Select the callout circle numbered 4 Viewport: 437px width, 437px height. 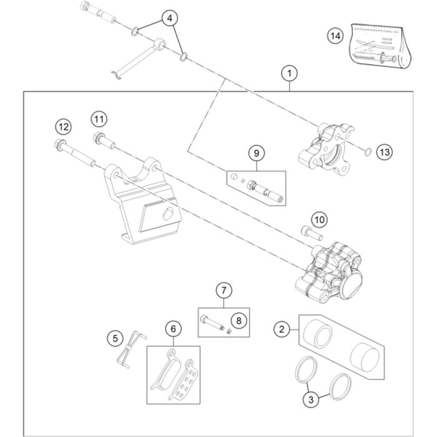tap(168, 18)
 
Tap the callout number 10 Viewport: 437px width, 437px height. tap(319, 220)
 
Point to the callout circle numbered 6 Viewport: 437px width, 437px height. tap(174, 327)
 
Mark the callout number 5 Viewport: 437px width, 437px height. tap(115, 338)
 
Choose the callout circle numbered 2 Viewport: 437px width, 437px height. tap(282, 328)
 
